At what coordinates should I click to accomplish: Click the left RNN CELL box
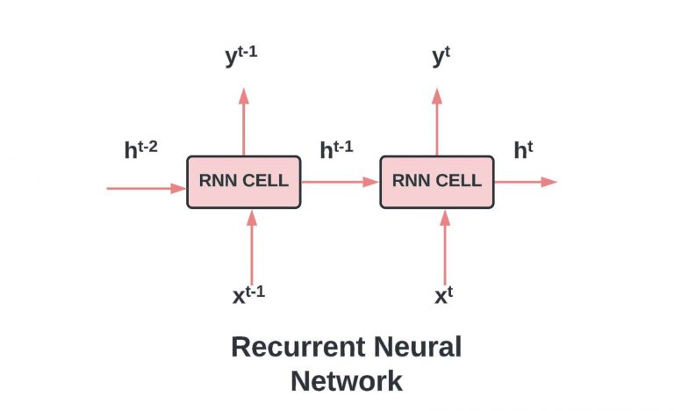pyautogui.click(x=244, y=182)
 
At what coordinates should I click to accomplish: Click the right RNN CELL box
pyautogui.click(x=437, y=182)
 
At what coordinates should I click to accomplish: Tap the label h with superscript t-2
pyautogui.click(x=140, y=148)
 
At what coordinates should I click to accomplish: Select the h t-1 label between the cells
pyautogui.click(x=336, y=148)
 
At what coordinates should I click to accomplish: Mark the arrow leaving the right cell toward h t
pyautogui.click(x=527, y=182)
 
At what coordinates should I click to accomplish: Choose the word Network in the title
pyautogui.click(x=347, y=381)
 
